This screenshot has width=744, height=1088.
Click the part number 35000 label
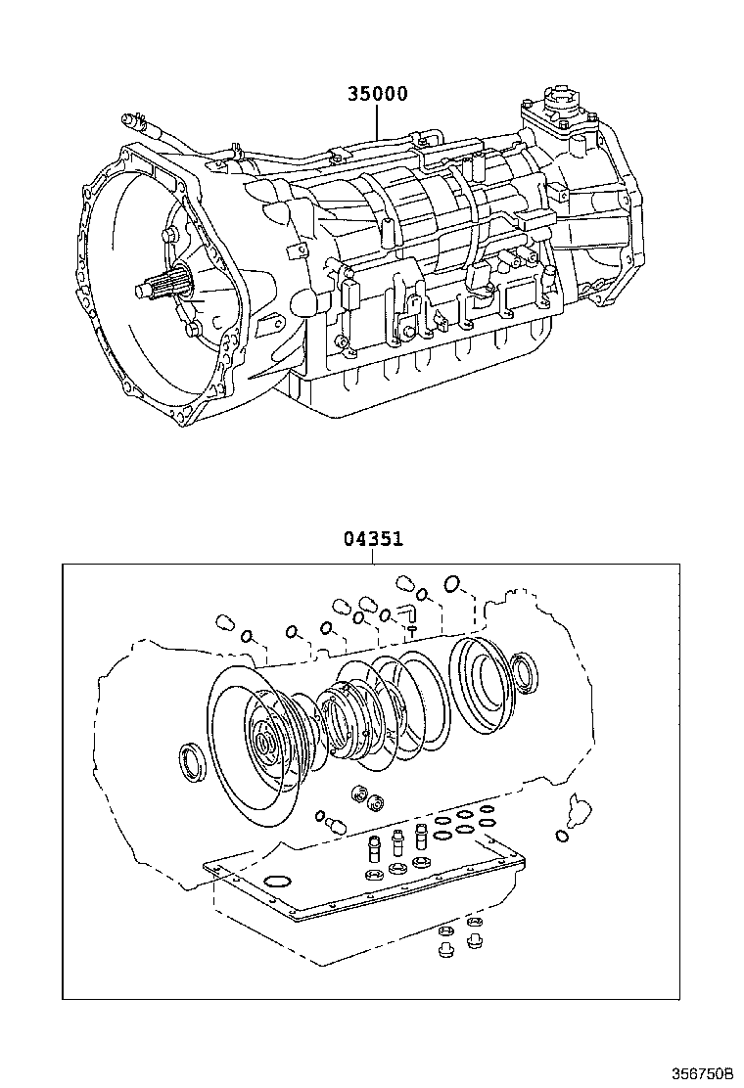376,95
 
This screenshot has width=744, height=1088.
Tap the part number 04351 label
373,538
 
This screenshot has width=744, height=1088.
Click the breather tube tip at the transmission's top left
126,121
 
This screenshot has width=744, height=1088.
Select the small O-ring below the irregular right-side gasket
561,835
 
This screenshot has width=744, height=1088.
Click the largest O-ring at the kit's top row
453,584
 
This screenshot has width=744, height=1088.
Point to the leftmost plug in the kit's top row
224,622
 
